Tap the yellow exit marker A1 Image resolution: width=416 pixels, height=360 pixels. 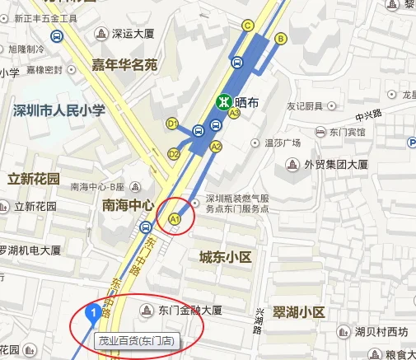[x=175, y=219]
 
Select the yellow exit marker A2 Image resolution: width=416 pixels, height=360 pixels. [x=217, y=147]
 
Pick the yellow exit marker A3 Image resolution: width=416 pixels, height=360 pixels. [x=235, y=115]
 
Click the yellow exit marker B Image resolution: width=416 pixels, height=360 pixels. [x=281, y=38]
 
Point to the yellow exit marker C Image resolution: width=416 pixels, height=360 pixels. [x=249, y=25]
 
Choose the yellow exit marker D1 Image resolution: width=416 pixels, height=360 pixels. [x=173, y=124]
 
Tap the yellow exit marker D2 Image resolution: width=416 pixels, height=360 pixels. [x=174, y=153]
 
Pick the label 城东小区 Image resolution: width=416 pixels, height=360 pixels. [x=225, y=259]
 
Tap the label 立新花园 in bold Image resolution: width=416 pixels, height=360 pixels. [x=33, y=179]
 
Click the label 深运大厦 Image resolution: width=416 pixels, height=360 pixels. [x=133, y=34]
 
